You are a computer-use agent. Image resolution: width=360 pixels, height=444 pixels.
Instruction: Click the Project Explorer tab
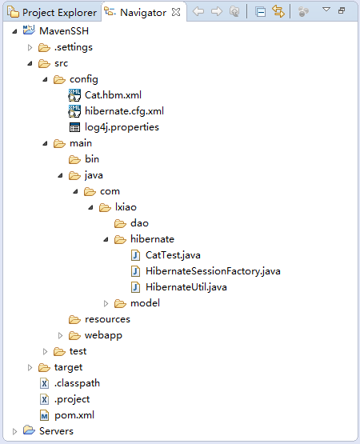[x=53, y=13]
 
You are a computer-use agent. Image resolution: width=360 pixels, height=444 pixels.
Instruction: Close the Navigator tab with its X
[x=176, y=12]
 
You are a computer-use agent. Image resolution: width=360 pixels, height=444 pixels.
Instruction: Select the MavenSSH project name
[x=64, y=31]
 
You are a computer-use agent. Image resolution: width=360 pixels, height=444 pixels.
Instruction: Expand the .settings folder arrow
[x=30, y=47]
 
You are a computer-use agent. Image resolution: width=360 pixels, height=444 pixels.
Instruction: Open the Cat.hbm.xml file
[x=113, y=95]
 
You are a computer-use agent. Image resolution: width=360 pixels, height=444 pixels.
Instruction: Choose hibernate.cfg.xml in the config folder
[x=124, y=111]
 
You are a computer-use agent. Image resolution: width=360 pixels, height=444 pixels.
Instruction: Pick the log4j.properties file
[x=122, y=127]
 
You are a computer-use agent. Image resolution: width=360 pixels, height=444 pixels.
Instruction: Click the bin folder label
[x=92, y=159]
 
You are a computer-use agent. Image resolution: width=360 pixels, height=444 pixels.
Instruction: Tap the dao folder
[x=139, y=223]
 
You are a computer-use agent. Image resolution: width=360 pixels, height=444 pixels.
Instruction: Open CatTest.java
[x=173, y=255]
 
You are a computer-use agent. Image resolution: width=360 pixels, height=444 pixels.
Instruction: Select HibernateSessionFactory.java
[x=213, y=271]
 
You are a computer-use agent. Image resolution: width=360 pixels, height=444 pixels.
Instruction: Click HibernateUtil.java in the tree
[x=186, y=287]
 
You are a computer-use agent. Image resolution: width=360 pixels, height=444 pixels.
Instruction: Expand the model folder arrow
[x=106, y=303]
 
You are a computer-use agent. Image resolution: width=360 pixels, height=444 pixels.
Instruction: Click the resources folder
[x=107, y=319]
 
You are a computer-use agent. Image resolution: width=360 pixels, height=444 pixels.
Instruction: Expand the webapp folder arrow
[x=60, y=335]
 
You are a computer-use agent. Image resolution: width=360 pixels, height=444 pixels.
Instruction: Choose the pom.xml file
[x=74, y=415]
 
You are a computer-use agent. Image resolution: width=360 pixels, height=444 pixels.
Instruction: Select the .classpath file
[x=77, y=383]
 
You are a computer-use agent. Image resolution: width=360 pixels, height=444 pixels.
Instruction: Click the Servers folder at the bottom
[x=56, y=431]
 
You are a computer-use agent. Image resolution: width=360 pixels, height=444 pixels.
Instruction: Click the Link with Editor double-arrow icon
[x=278, y=12]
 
